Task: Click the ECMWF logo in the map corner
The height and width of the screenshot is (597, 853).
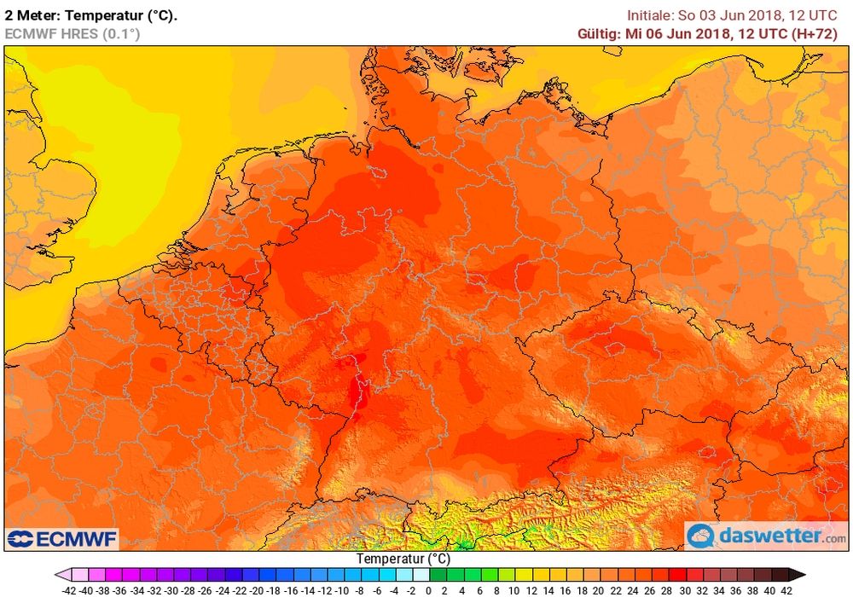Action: [x=62, y=539]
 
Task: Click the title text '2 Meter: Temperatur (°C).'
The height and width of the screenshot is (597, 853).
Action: [x=91, y=15]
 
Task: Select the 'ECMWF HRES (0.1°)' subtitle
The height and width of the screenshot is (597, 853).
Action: [x=72, y=34]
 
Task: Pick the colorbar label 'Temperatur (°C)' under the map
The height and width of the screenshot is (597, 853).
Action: [x=403, y=559]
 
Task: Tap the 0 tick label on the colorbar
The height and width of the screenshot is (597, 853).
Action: [x=429, y=589]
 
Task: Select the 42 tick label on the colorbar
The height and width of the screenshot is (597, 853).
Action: [x=786, y=589]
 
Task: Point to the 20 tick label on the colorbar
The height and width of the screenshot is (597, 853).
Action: [x=599, y=589]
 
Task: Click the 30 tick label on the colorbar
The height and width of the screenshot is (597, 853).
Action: [x=684, y=589]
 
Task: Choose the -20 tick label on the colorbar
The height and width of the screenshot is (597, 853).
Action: [x=255, y=589]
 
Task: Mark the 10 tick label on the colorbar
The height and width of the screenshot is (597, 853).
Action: [x=514, y=589]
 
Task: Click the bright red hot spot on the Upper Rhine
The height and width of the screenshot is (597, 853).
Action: [x=355, y=393]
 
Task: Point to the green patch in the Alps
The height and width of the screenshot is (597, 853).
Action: [x=464, y=543]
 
